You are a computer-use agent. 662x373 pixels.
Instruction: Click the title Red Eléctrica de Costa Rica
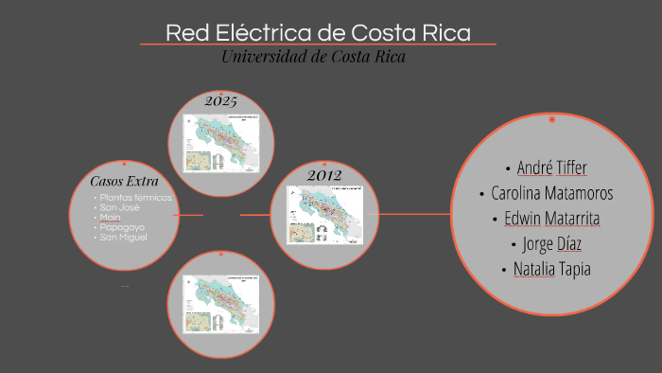[318, 32]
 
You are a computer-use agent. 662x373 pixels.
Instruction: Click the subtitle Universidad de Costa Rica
[313, 57]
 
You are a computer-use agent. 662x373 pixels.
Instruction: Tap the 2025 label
[221, 100]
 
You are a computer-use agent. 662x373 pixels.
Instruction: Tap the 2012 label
[323, 175]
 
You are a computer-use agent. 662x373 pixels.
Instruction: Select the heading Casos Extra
[124, 181]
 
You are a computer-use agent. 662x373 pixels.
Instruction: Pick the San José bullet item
[120, 207]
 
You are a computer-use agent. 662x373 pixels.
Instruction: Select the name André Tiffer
[551, 169]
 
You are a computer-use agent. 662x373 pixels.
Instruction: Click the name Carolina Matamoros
[552, 193]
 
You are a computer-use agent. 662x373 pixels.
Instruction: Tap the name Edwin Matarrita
[552, 219]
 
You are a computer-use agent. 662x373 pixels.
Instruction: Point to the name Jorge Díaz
[552, 243]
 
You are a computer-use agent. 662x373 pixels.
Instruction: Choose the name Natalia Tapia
[552, 269]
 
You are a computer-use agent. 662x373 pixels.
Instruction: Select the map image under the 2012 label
[323, 215]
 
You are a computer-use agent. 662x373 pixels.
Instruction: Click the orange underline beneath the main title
[318, 44]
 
